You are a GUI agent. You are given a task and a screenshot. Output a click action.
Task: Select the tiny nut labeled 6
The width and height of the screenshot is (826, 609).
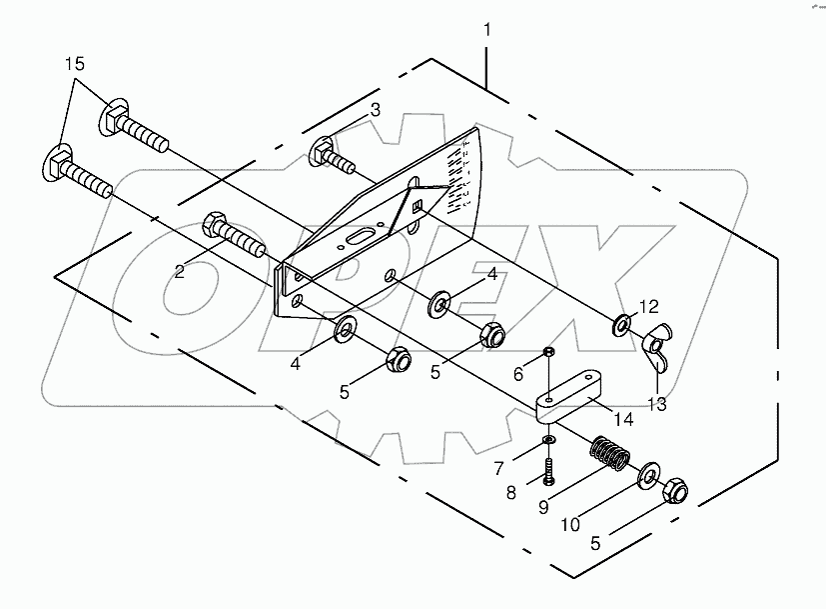tap(548, 352)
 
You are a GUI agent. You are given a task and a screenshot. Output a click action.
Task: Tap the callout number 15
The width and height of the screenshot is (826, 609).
tap(76, 64)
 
